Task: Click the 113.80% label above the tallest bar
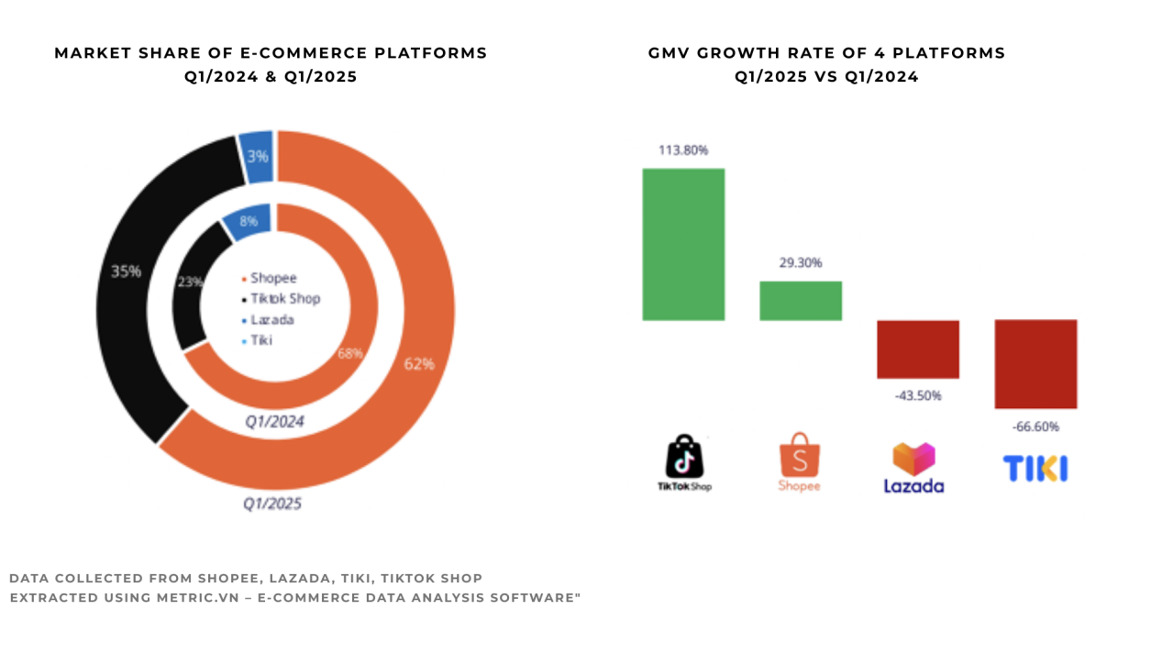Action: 683,150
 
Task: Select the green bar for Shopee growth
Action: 800,301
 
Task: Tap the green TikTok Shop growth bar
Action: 683,244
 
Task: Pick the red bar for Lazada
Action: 917,349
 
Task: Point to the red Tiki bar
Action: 1035,364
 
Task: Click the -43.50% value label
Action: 917,395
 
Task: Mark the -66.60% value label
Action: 1035,427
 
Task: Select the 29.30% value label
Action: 800,262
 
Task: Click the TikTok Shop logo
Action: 684,463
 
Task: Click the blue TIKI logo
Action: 1035,469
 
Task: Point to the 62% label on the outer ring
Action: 418,364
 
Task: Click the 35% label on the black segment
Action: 126,272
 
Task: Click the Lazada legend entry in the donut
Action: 268,319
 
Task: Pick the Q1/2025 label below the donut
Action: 271,504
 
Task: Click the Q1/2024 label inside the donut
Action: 273,422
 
